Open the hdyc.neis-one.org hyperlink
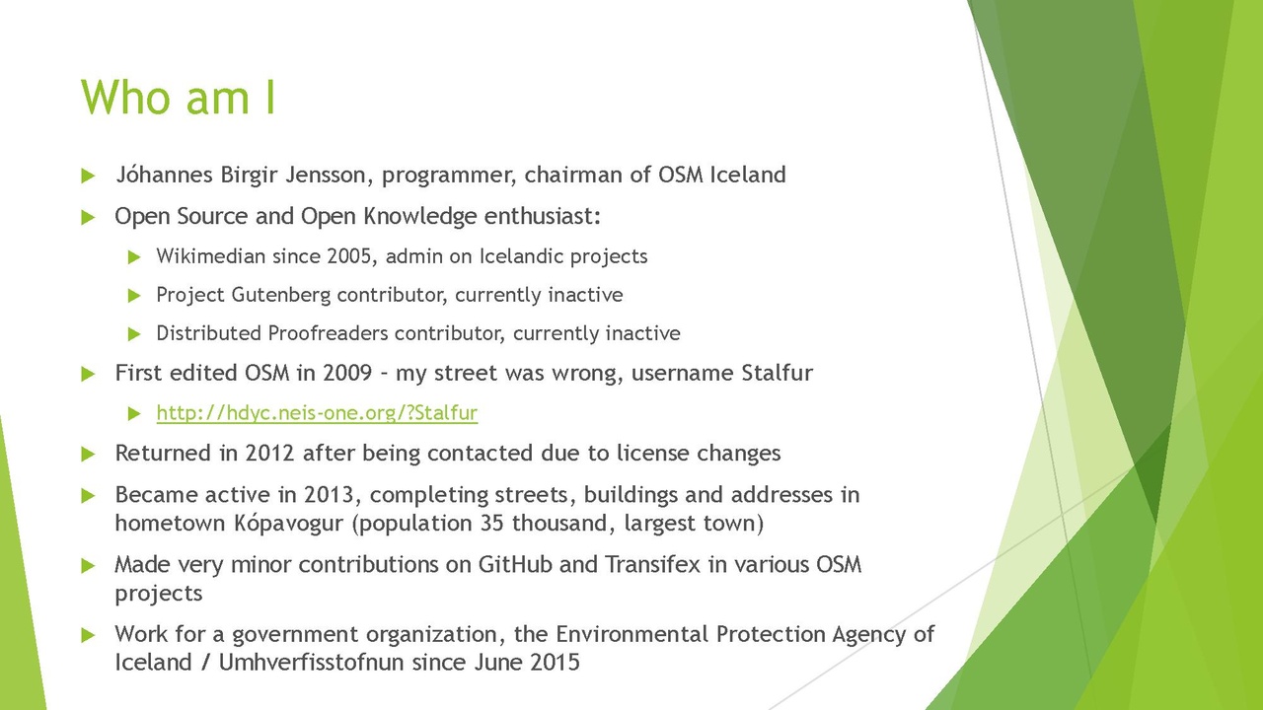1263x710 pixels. point(317,413)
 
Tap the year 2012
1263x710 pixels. point(269,454)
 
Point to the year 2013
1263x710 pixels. point(331,494)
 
